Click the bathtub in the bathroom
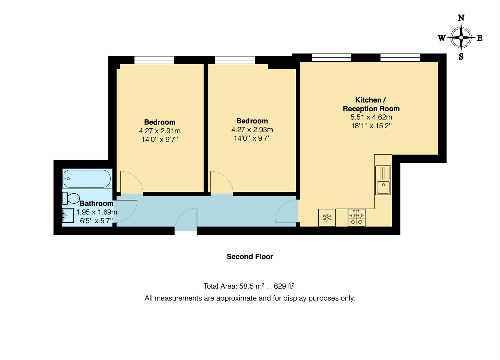click(x=87, y=179)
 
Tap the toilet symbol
click(x=71, y=198)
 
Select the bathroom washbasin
click(x=68, y=215)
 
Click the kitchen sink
click(x=383, y=180)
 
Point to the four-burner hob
click(x=356, y=218)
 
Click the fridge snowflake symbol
click(x=327, y=218)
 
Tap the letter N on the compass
click(x=461, y=18)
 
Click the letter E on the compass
click(x=480, y=38)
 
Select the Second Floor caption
click(x=250, y=257)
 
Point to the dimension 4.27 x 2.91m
click(x=160, y=131)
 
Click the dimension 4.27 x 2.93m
click(x=252, y=130)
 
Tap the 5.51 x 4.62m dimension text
click(x=371, y=117)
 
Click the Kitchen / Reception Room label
click(x=371, y=104)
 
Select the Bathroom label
click(x=97, y=203)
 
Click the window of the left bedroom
click(x=154, y=60)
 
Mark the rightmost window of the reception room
click(x=400, y=58)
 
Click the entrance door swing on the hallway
click(x=185, y=219)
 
